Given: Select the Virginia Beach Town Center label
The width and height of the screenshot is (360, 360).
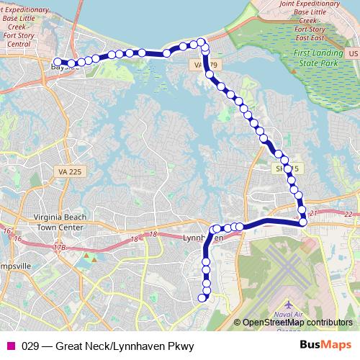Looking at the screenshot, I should click(x=60, y=222).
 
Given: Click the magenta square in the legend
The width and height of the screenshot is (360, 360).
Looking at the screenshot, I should click(x=10, y=346).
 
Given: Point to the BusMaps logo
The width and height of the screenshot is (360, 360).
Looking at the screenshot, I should click(x=325, y=345).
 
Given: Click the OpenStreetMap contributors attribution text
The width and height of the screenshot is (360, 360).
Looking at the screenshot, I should click(x=297, y=323).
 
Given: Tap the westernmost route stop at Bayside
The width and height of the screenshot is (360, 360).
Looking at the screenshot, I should click(x=58, y=62).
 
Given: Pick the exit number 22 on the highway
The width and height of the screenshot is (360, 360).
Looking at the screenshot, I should click(x=349, y=214).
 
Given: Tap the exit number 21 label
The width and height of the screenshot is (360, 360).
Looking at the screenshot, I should click(x=312, y=214).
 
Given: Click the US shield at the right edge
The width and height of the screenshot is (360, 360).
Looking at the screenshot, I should click(x=351, y=54).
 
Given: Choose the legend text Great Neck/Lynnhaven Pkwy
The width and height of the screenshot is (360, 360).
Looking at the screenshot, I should click(x=108, y=346).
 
